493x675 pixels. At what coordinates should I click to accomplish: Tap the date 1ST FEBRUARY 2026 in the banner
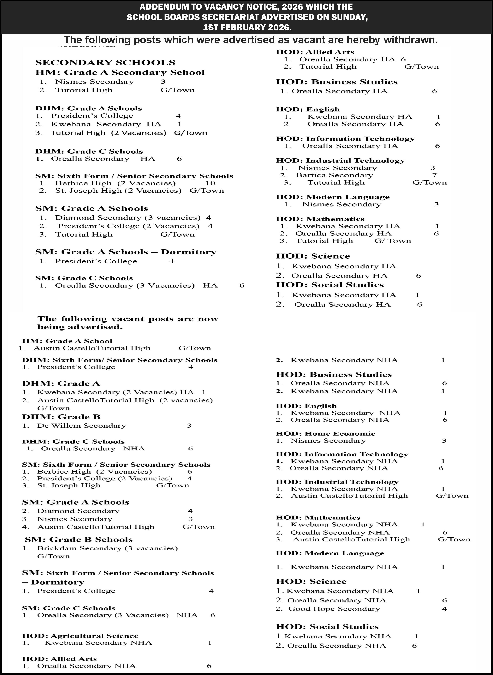point(247,27)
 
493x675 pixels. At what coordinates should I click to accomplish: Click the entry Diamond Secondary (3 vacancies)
point(128,218)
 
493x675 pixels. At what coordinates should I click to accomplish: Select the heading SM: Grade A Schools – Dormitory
point(126,252)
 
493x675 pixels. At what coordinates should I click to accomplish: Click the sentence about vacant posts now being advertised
point(128,323)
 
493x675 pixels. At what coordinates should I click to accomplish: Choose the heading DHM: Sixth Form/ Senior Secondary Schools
point(120,360)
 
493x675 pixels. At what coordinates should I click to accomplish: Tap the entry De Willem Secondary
point(82,426)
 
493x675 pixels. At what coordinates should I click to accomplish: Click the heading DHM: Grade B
point(61,417)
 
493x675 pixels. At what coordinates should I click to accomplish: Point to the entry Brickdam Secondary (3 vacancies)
point(107,548)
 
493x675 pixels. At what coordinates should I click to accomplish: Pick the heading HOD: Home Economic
point(325,434)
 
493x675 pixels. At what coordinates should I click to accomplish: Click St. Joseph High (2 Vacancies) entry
point(118,191)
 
